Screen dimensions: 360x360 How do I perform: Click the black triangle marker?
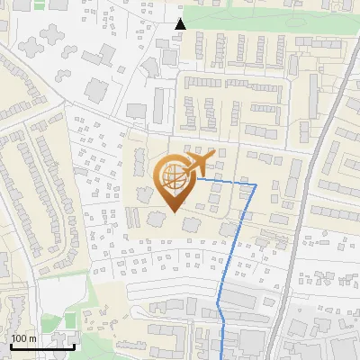pyautogui.click(x=180, y=23)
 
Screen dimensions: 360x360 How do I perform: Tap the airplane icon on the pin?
pyautogui.click(x=202, y=164)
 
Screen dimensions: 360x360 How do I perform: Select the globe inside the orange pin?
pyautogui.click(x=171, y=176)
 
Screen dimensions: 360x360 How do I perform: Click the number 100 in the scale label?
pyautogui.click(x=20, y=338)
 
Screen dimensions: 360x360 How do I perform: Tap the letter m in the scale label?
pyautogui.click(x=32, y=338)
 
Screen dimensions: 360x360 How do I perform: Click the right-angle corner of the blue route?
pyautogui.click(x=256, y=184)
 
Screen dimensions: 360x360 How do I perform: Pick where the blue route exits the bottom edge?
pyautogui.click(x=223, y=358)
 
